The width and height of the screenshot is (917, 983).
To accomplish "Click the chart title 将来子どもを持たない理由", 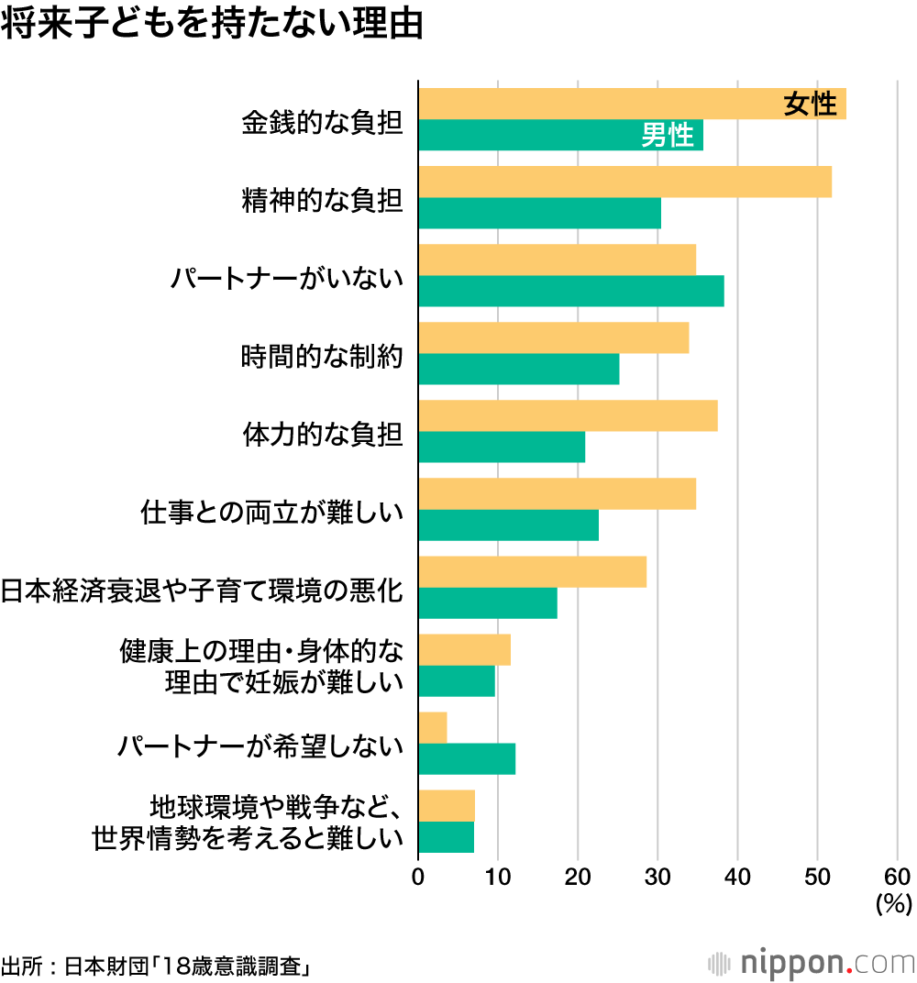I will pyautogui.click(x=212, y=25).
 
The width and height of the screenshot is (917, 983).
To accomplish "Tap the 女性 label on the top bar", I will pyautogui.click(x=810, y=105).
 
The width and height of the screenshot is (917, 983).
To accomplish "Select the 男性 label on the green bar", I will pyautogui.click(x=667, y=136).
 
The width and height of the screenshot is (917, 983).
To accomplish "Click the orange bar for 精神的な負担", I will pyautogui.click(x=624, y=182).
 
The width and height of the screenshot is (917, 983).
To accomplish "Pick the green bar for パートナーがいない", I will pyautogui.click(x=570, y=291).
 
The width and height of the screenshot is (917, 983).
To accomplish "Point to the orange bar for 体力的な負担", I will pyautogui.click(x=568, y=415).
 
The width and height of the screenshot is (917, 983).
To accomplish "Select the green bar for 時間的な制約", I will pyautogui.click(x=518, y=369).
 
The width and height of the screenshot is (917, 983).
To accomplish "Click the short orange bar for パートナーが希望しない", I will pyautogui.click(x=433, y=727).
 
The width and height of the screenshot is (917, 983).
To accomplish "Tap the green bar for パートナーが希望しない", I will pyautogui.click(x=467, y=759).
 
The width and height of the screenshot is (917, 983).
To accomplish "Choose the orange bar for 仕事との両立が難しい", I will pyautogui.click(x=557, y=493).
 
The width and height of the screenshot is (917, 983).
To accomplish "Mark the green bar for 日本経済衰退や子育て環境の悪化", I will pyautogui.click(x=488, y=602).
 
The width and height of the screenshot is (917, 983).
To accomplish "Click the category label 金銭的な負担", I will pyautogui.click(x=322, y=121).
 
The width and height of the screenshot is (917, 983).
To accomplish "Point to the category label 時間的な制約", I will pyautogui.click(x=322, y=355).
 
